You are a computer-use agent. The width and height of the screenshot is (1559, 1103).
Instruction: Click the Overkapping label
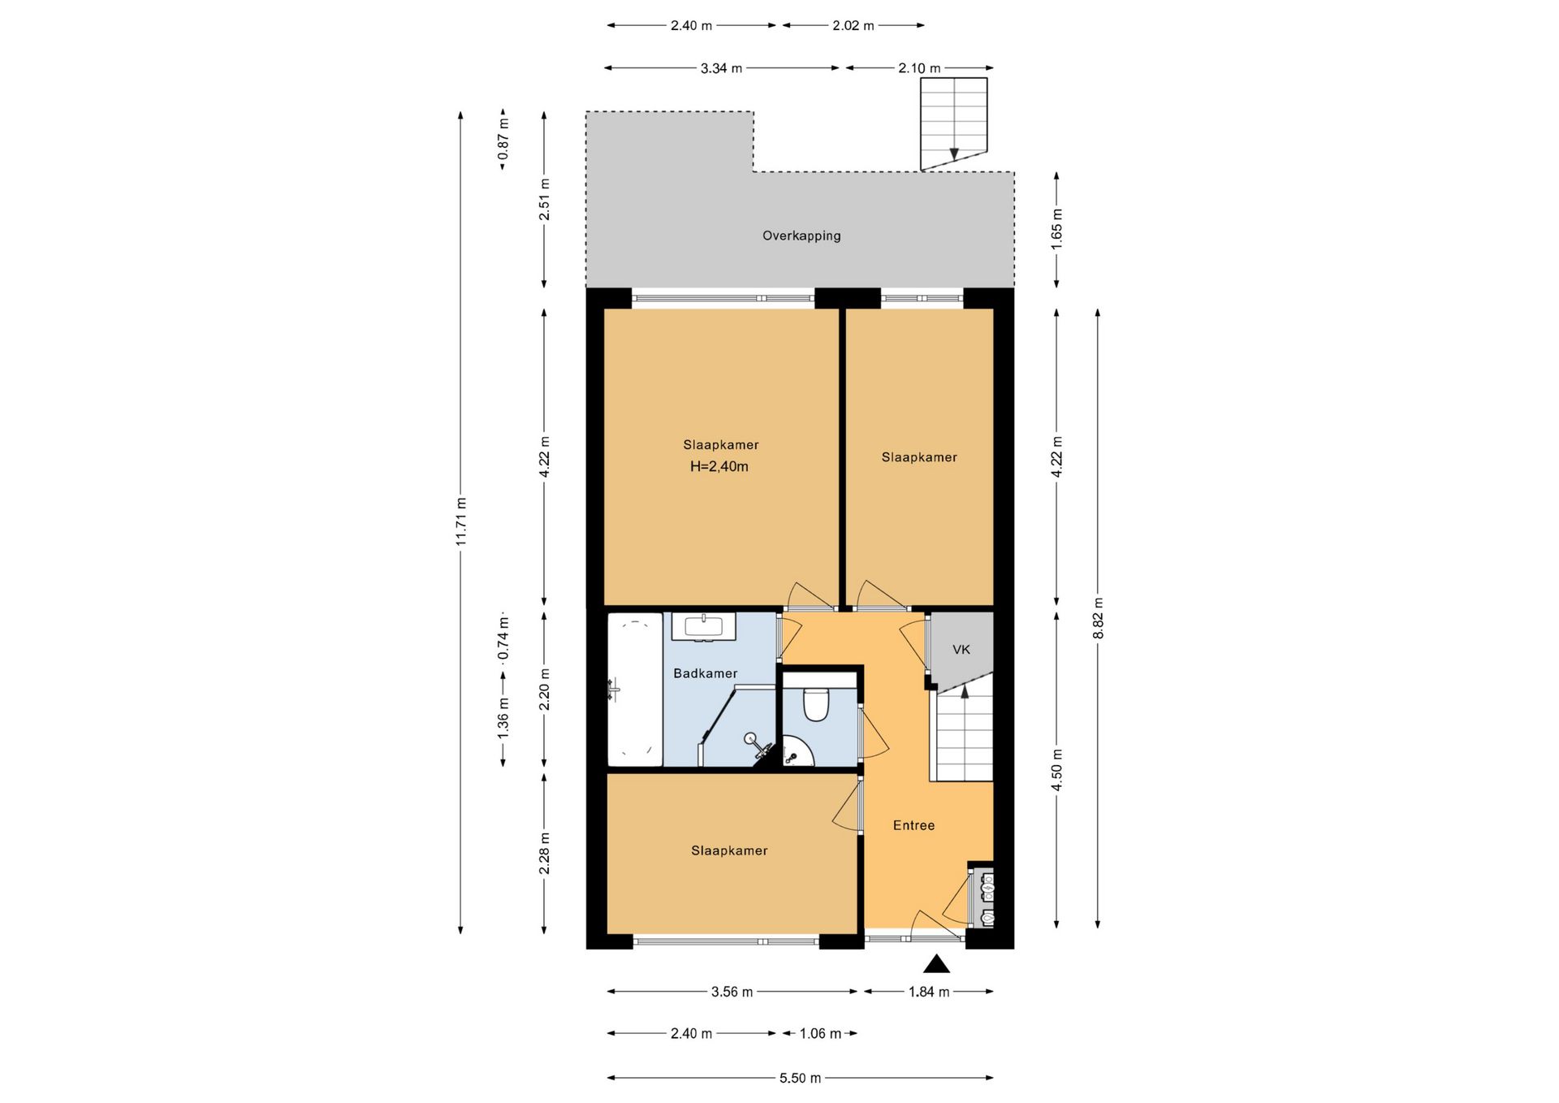801,236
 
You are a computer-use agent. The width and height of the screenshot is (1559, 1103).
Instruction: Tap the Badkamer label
706,673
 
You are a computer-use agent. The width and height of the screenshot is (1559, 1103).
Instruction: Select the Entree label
913,825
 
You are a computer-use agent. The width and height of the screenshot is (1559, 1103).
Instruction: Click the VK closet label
961,650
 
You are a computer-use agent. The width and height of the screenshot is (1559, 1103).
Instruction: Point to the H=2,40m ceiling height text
719,466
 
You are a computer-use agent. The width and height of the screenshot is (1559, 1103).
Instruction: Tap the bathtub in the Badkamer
635,690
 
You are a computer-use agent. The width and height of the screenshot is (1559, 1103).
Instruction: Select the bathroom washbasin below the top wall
703,627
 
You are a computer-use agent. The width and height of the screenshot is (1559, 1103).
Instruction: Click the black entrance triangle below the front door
936,964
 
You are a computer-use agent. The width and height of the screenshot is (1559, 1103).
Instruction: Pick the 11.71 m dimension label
460,521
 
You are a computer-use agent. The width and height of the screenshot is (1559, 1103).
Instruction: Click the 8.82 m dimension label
1098,618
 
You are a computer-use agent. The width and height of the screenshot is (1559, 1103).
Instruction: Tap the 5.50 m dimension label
800,1078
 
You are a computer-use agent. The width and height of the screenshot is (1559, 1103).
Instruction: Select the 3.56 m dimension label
732,992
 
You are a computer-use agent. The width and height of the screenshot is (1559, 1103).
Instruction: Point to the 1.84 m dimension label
929,992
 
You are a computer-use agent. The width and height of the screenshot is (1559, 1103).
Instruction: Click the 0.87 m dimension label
503,139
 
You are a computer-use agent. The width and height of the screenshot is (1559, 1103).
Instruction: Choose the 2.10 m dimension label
919,68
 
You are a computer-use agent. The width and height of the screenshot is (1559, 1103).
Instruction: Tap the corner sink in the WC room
797,752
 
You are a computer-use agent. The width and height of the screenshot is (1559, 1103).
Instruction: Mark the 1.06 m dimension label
820,1034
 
